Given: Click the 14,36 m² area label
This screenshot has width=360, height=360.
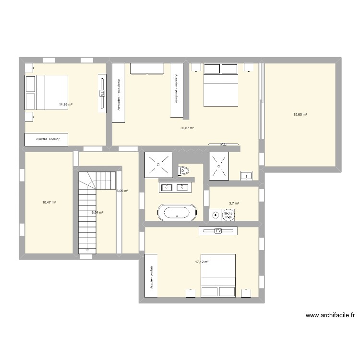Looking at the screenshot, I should (65, 104).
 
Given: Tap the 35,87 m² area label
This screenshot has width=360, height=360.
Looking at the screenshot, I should (187, 128).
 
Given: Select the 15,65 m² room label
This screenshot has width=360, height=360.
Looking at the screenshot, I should (300, 114).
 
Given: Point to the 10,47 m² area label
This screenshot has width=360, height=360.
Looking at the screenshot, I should (49, 203).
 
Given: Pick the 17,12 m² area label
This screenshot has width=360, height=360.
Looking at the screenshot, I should (202, 262).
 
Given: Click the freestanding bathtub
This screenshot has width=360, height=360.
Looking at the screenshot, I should (177, 212).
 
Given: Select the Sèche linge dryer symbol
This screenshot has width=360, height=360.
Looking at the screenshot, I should (228, 215).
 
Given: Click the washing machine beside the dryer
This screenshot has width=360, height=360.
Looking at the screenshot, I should (215, 215).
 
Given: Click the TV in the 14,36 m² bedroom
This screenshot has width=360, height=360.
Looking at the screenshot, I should (102, 94).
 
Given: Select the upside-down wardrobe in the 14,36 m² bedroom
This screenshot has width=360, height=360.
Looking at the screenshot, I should (47, 139).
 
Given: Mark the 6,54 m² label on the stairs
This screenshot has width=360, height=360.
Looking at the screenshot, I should (98, 212).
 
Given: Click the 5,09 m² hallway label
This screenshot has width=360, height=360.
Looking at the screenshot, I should (122, 191).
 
